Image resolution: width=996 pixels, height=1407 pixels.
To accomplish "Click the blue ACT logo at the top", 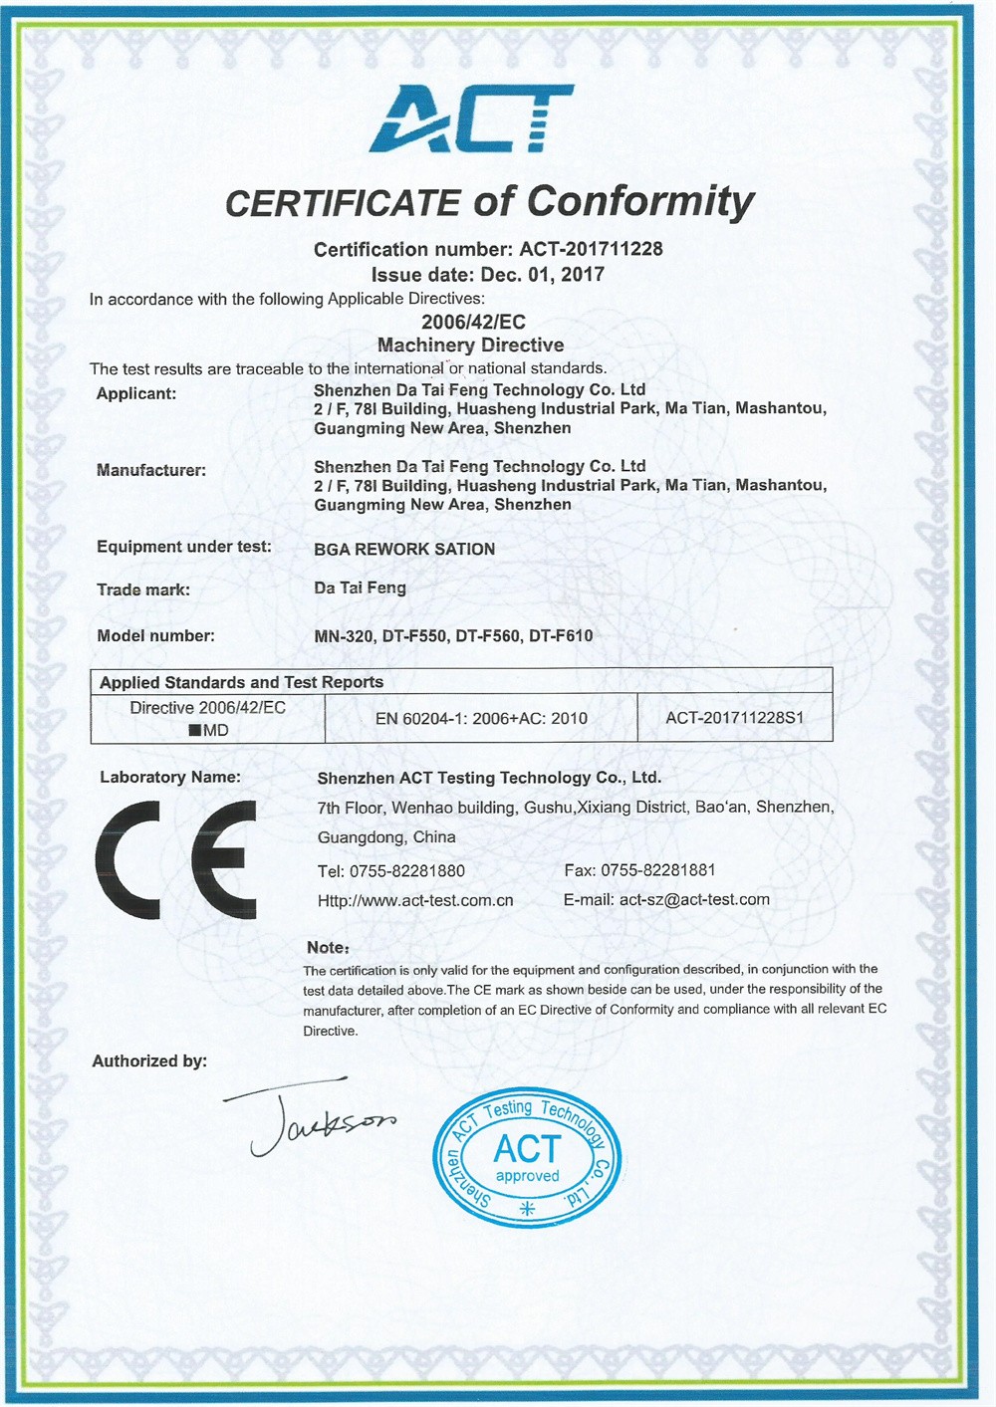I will (x=471, y=118).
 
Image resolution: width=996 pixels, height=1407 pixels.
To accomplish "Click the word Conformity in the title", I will (x=640, y=202).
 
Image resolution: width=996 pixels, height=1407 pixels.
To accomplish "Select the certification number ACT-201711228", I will (x=591, y=249).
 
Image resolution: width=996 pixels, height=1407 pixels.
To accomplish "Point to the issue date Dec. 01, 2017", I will (x=542, y=275).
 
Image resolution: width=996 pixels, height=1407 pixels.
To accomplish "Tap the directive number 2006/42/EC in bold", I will (x=473, y=322).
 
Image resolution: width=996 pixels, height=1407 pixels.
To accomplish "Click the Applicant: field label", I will (x=136, y=393).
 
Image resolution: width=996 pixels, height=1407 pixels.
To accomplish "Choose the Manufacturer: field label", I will (x=151, y=470).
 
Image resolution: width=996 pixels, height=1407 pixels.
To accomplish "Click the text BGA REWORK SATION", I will (x=404, y=549).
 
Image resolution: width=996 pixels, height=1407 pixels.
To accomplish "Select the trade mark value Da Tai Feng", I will (x=360, y=588).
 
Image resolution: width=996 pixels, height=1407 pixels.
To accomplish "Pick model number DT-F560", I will (x=488, y=635).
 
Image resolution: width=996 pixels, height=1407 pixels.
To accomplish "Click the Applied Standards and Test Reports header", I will (x=241, y=682).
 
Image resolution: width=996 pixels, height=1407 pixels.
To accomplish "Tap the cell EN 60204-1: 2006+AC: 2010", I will (x=481, y=718).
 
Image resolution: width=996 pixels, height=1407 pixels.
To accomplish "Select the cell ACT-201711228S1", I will (x=735, y=718).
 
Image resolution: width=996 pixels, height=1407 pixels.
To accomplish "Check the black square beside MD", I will (x=195, y=731).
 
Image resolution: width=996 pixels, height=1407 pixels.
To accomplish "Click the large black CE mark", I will (x=176, y=859).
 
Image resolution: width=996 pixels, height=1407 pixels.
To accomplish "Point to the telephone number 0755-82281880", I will (x=406, y=871).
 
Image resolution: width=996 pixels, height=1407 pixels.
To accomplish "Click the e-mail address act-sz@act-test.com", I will (x=694, y=900).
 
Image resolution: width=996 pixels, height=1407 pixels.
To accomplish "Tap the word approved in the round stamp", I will (x=527, y=1177).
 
